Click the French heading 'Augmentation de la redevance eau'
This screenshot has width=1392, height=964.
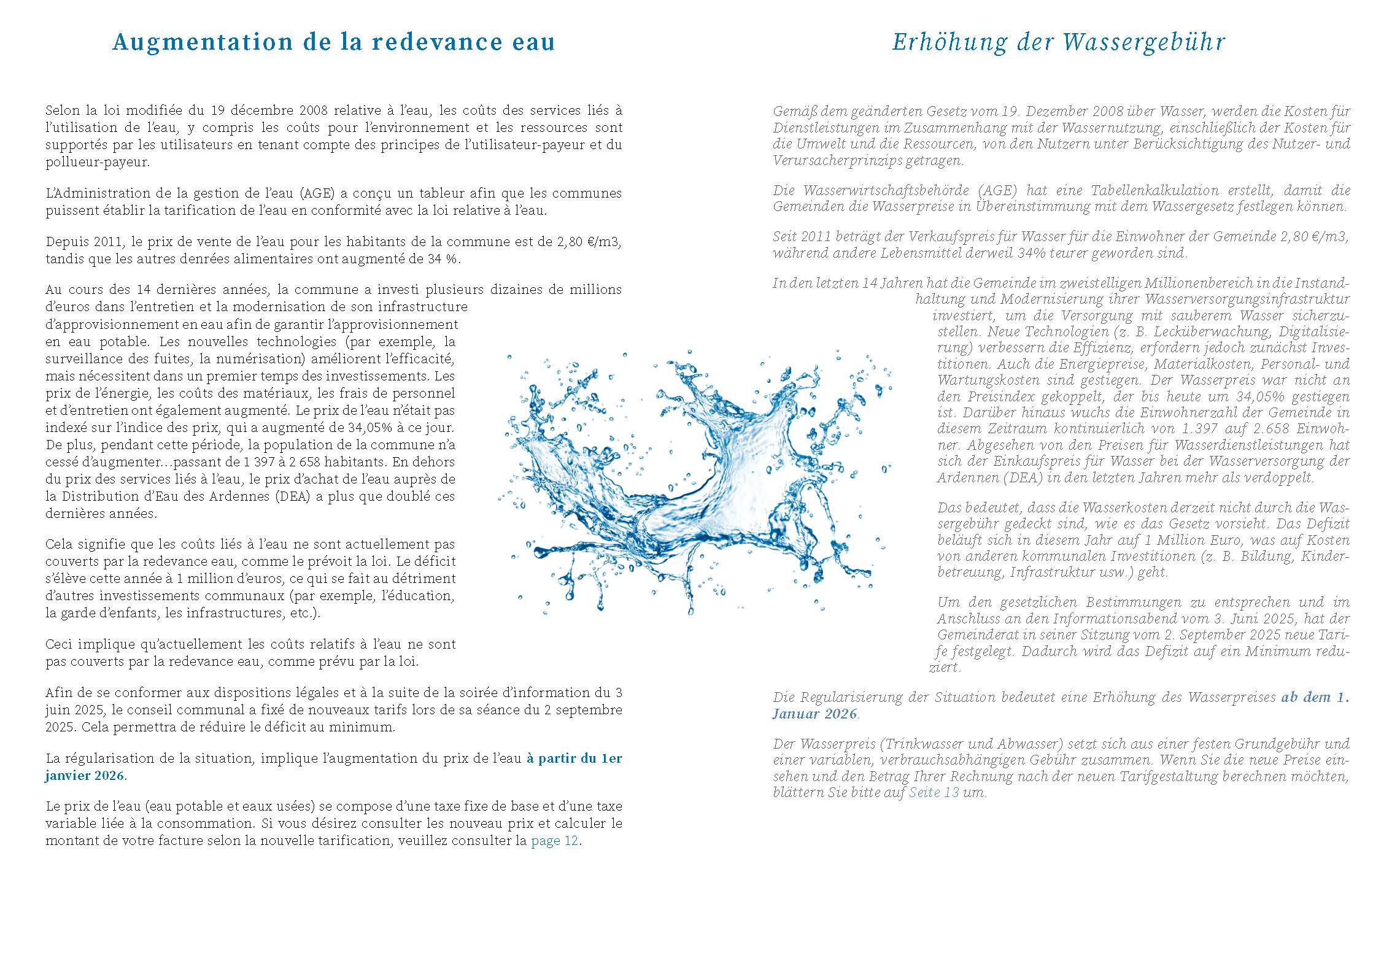point(334,42)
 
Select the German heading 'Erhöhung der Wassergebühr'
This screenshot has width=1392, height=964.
point(1059,42)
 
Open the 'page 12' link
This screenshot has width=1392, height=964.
point(554,841)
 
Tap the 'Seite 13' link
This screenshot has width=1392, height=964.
point(934,792)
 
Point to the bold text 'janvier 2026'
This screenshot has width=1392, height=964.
point(85,776)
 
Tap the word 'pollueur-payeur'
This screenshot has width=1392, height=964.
point(96,163)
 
